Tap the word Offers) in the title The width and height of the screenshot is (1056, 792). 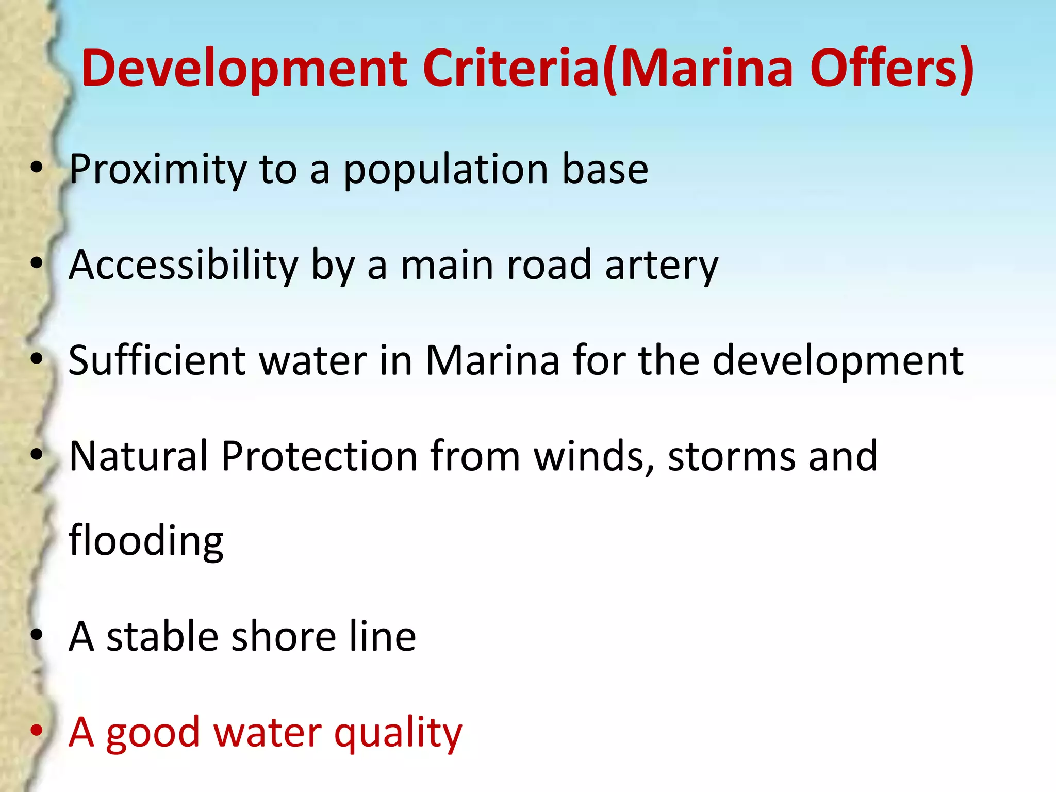tap(892, 69)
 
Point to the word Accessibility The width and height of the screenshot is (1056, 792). tap(183, 265)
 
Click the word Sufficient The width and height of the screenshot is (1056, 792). tap(157, 360)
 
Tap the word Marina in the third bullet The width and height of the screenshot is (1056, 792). tap(492, 360)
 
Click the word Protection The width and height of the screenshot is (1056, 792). tap(319, 456)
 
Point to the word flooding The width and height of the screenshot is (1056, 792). tap(146, 540)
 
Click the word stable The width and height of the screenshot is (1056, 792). tap(162, 636)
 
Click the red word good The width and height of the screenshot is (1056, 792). tap(153, 733)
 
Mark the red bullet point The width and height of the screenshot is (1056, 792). tap(36, 730)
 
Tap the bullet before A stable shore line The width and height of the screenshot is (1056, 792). tap(36, 635)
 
